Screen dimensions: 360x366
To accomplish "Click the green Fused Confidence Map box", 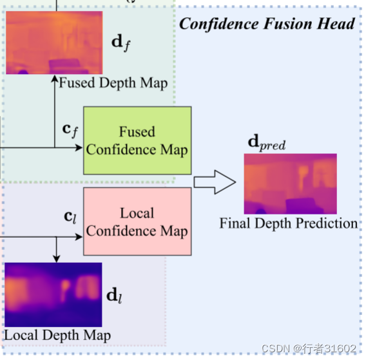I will (137, 140).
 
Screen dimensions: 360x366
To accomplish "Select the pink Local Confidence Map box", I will (137, 221).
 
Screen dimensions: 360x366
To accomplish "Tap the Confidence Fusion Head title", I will (267, 24).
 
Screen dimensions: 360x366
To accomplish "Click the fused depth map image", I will (53, 43).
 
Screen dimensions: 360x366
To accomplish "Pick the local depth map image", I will (53, 294).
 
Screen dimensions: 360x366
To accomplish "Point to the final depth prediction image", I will (290, 184).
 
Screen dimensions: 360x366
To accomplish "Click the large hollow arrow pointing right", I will (215, 182).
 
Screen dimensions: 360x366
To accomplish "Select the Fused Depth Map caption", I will (113, 82).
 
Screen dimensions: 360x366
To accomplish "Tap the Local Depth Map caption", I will (57, 335).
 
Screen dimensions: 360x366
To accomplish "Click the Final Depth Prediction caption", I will (288, 223).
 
